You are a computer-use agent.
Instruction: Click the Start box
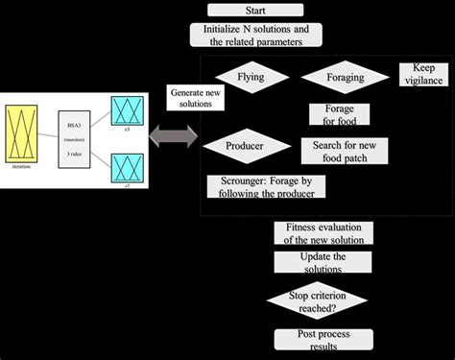click(255, 11)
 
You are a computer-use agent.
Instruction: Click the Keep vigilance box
click(423, 75)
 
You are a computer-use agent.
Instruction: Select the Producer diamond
click(247, 146)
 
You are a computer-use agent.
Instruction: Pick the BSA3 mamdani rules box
click(74, 141)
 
